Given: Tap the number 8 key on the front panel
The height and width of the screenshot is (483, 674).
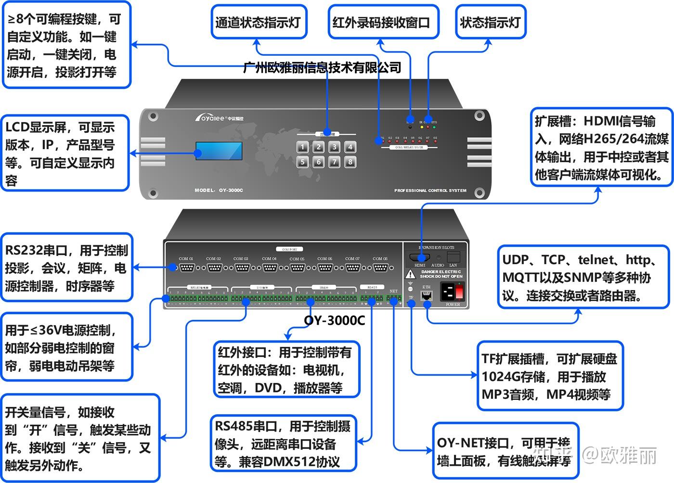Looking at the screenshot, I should [350, 162].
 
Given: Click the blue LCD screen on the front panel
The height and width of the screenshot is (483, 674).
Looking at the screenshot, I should [219, 151].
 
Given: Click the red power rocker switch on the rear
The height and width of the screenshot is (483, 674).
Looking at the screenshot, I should [459, 291].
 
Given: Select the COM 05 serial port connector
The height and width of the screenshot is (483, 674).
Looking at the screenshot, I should [297, 267].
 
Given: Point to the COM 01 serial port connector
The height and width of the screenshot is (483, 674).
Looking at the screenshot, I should [186, 267].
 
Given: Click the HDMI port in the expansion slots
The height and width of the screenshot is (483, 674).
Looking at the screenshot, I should [419, 257].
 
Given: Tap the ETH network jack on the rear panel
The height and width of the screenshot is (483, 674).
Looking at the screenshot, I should [427, 295].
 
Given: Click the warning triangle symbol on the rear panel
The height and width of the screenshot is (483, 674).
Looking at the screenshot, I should [410, 274].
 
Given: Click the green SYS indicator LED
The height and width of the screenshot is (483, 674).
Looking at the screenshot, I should [434, 127].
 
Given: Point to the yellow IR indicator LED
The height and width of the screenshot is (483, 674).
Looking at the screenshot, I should [422, 127].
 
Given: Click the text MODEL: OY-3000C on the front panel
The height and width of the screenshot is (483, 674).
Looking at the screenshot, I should [219, 191].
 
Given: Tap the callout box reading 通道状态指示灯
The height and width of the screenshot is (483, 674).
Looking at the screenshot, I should [259, 22].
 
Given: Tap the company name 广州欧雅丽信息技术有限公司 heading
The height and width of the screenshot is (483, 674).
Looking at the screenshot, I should [322, 67].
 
